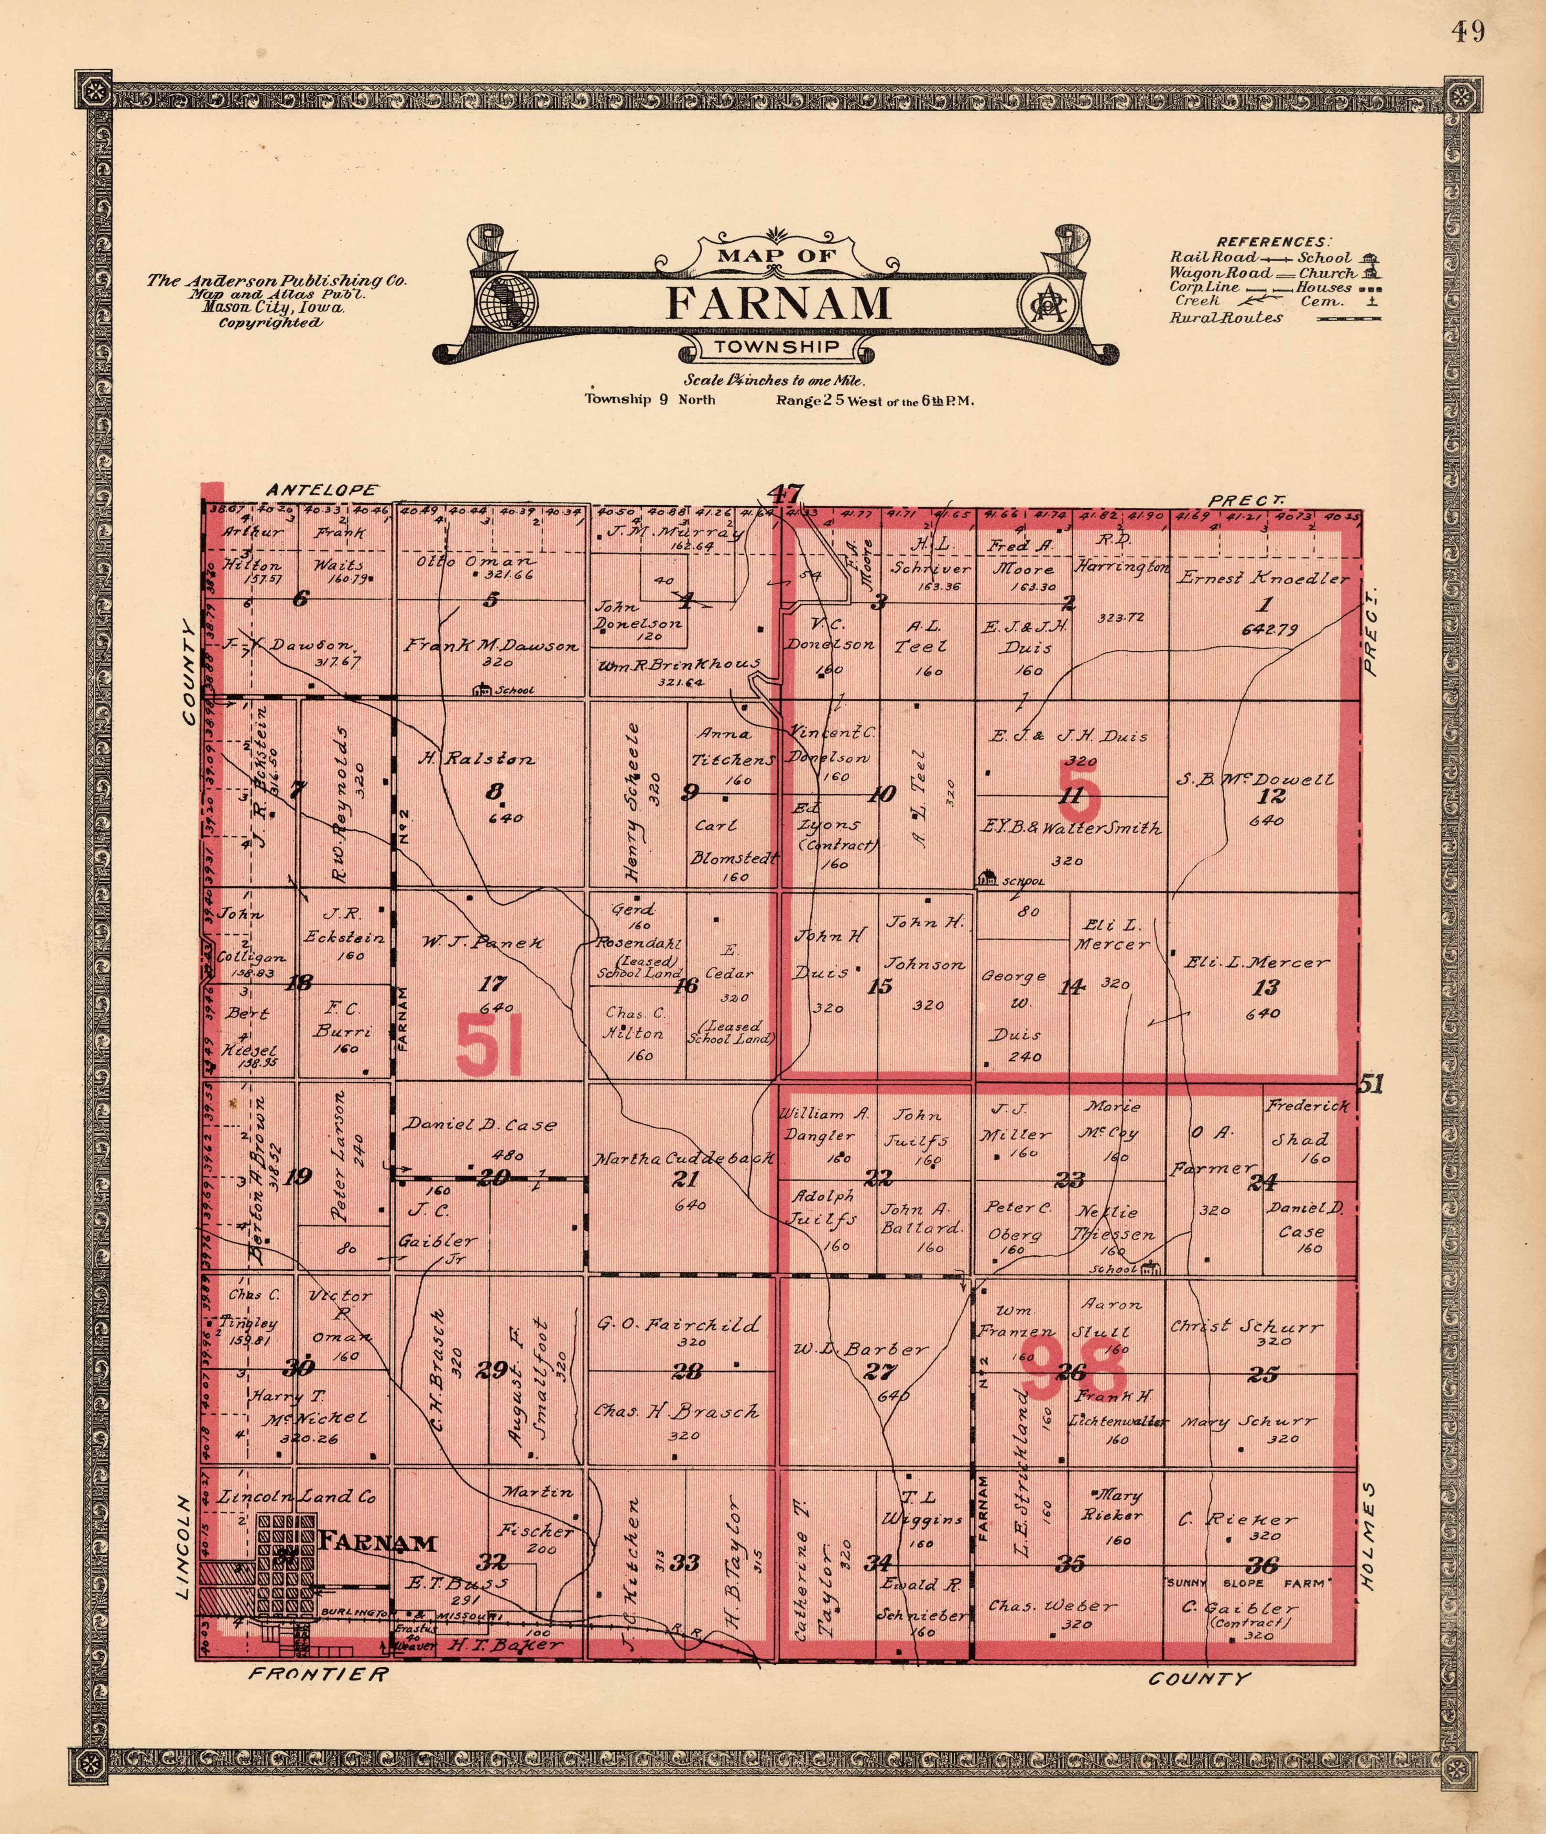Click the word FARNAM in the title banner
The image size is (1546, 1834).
778,303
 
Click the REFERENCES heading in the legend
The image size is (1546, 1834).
1272,242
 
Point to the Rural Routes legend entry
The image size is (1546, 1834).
1227,318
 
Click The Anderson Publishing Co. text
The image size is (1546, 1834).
276,281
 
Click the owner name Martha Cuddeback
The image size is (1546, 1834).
683,1159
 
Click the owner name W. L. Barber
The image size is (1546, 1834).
860,1349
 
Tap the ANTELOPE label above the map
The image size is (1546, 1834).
322,490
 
